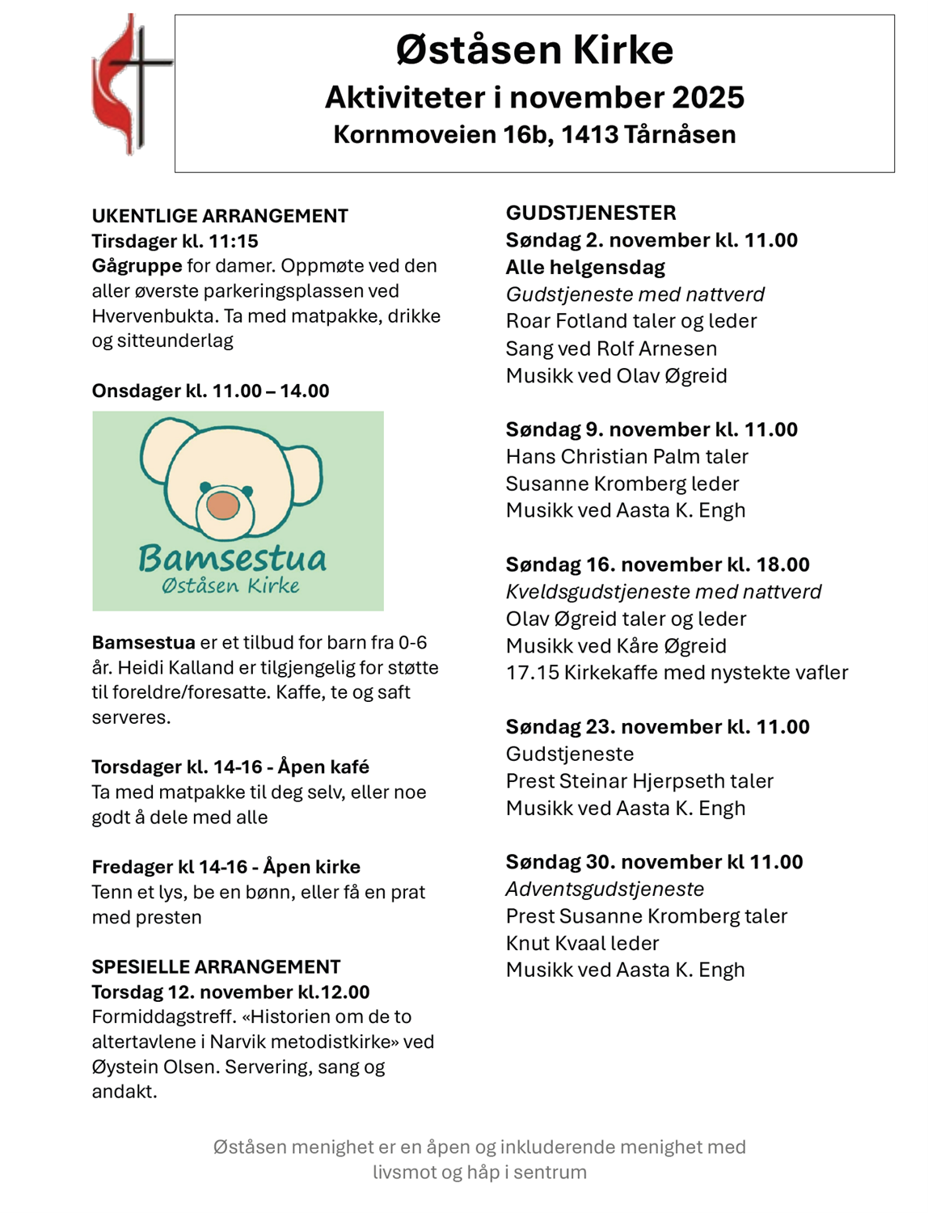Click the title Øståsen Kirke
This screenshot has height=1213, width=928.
click(x=534, y=50)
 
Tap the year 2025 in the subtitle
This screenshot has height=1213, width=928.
click(x=707, y=98)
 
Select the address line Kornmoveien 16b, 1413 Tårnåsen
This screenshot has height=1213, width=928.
click(x=534, y=134)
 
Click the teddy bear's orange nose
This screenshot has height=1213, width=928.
click(x=223, y=505)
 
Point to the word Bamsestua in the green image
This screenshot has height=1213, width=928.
click(x=233, y=558)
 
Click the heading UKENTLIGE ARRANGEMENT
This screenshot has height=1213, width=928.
click(x=220, y=216)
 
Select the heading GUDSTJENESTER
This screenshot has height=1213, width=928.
click(x=591, y=213)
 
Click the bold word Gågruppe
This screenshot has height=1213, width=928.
click(x=137, y=266)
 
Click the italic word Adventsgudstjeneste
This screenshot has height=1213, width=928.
click(x=605, y=889)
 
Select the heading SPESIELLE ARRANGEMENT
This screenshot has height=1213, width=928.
click(x=216, y=966)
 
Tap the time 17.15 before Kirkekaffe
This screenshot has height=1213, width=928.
click(x=532, y=673)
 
